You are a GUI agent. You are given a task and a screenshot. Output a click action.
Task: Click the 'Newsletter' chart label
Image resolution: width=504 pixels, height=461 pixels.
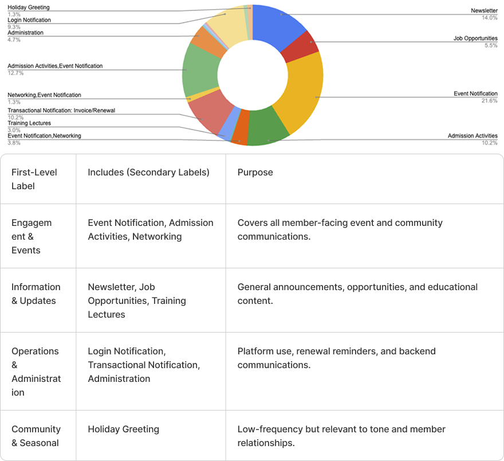pyautogui.click(x=484, y=11)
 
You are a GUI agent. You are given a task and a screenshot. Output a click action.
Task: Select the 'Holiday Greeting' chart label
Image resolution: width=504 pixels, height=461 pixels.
pyautogui.click(x=28, y=7)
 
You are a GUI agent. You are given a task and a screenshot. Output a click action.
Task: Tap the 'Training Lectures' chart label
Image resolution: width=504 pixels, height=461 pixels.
pyautogui.click(x=29, y=123)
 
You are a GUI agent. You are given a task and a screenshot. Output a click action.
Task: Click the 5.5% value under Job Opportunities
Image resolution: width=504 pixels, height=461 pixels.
pyautogui.click(x=491, y=45)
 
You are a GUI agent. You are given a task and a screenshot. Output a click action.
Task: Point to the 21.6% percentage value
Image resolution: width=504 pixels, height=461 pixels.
pyautogui.click(x=490, y=100)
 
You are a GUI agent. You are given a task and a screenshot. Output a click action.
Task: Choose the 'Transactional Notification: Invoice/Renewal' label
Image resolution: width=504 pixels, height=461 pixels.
pyautogui.click(x=61, y=111)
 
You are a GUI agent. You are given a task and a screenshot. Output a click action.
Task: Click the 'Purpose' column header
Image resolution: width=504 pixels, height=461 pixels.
pyautogui.click(x=255, y=172)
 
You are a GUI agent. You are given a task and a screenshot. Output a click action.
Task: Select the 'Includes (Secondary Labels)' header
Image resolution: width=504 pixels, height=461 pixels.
pyautogui.click(x=148, y=172)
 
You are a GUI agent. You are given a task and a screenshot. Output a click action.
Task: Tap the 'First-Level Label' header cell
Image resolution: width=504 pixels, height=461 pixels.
pyautogui.click(x=34, y=179)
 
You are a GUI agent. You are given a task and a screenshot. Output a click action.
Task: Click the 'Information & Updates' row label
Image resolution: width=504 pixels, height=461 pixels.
pyautogui.click(x=36, y=294)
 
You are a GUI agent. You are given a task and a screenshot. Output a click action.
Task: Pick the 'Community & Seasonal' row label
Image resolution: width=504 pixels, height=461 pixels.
pyautogui.click(x=36, y=436)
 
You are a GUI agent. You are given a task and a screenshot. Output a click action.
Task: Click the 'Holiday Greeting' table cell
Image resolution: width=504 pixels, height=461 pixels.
pyautogui.click(x=123, y=429)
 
